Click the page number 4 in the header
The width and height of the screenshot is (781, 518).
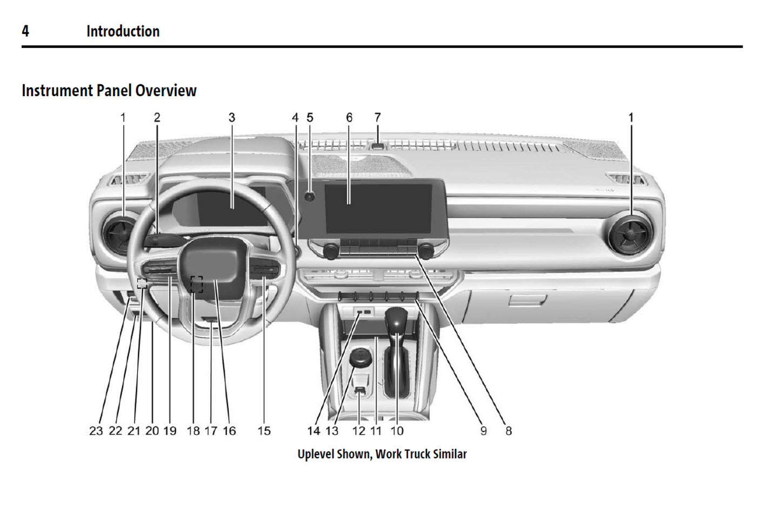[25, 31]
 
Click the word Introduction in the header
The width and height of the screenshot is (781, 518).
[123, 31]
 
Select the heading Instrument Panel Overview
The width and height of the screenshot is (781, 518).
[109, 91]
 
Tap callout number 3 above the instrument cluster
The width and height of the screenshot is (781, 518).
[232, 118]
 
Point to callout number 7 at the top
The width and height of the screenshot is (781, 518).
[377, 117]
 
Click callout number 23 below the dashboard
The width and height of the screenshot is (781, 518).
[96, 431]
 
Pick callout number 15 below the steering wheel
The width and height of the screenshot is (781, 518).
[264, 431]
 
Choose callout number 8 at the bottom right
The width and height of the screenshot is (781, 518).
[508, 431]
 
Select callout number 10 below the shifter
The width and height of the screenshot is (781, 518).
[397, 431]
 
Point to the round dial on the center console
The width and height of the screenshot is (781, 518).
[361, 357]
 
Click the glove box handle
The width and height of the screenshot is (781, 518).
[527, 300]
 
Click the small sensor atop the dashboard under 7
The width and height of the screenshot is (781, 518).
[378, 146]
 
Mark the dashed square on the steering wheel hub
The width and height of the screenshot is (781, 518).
[196, 284]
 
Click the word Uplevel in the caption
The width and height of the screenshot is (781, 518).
[316, 454]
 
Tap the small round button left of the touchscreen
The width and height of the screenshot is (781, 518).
[310, 197]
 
